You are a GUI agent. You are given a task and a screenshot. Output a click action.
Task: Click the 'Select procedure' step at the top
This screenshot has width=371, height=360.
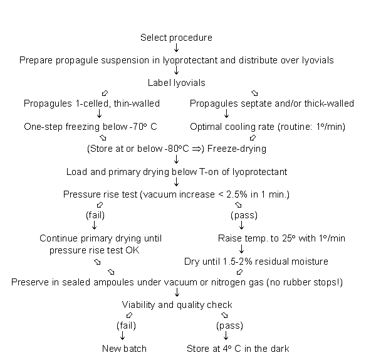[x=176, y=38]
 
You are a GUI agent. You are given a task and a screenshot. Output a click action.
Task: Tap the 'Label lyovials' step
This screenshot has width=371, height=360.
[x=177, y=83]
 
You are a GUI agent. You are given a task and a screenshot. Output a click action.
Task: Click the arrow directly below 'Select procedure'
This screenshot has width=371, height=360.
[x=176, y=48]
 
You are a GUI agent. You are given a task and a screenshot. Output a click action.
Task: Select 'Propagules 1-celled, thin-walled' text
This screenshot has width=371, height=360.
[x=91, y=103]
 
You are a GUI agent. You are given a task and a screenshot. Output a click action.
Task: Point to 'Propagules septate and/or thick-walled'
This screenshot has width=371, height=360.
[x=272, y=103]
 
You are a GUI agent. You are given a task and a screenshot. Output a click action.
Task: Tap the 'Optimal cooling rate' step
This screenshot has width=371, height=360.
[x=268, y=127]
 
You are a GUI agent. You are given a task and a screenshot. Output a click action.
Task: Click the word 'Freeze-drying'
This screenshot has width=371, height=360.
[x=237, y=149]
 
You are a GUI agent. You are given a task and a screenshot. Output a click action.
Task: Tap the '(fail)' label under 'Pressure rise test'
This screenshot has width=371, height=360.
[x=95, y=215]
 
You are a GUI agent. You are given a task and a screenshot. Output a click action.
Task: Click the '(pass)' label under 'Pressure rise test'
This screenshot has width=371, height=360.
[x=244, y=215]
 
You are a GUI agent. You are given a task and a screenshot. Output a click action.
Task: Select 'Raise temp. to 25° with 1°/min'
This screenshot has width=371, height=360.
[x=281, y=238]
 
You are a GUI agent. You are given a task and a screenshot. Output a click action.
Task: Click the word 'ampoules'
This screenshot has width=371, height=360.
[x=113, y=282]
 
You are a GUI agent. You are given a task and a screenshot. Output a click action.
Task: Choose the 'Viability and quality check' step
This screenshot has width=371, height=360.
[x=177, y=305]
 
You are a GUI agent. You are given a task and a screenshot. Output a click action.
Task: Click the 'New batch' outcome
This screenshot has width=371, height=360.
[x=124, y=349]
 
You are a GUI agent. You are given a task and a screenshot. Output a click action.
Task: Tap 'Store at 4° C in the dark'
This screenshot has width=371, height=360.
[x=238, y=349]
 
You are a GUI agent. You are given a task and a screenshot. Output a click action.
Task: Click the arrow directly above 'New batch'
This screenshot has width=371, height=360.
[x=123, y=336]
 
